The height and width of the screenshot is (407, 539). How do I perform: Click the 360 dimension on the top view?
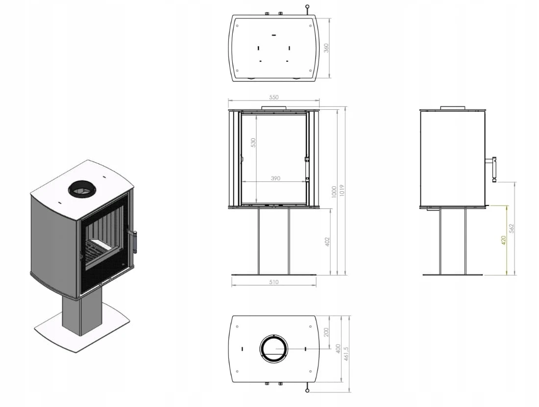point(326,48)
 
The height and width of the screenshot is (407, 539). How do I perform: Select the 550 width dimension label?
point(273,98)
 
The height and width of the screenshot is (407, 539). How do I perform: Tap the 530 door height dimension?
point(253,142)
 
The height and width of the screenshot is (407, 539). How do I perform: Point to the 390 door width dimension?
point(276,178)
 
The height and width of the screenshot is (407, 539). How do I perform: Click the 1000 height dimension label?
point(334,192)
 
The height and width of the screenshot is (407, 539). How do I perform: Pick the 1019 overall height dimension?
point(342,191)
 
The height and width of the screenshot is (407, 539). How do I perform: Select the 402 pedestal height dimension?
point(327,242)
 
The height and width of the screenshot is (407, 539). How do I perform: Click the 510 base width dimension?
point(273,282)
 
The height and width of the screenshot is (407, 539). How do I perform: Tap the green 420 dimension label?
point(504,240)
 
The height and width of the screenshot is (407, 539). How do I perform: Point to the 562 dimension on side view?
point(511,229)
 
